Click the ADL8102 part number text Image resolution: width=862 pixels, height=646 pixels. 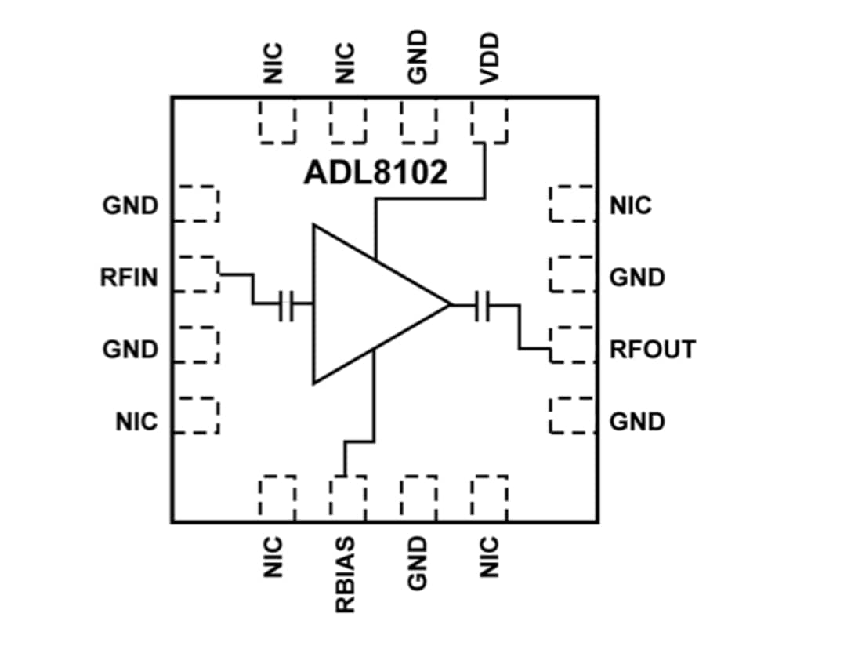pos(375,172)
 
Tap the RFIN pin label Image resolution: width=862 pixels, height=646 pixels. pos(129,278)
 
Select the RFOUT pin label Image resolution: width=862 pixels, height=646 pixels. pos(652,350)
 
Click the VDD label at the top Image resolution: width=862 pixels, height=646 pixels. pos(490,60)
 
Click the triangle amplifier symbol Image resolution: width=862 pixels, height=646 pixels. pos(368,304)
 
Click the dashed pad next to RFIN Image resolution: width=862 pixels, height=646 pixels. pos(195,274)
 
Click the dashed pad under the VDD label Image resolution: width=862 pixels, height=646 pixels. pos(491,123)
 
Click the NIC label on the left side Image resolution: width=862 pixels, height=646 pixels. pos(137,422)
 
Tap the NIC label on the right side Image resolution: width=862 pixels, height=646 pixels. pos(630,206)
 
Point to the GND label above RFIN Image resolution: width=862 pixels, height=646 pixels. pos(130,206)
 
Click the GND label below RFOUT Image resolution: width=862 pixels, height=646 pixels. pos(637,422)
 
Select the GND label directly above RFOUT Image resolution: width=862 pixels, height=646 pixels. pos(637,278)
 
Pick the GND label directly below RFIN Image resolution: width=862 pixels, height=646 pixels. pos(130,350)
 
